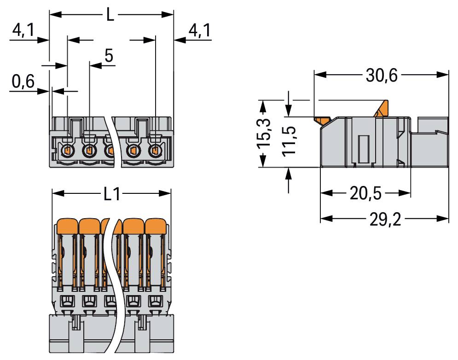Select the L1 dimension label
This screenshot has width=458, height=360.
[x=112, y=194]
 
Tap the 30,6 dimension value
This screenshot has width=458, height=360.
[x=382, y=75]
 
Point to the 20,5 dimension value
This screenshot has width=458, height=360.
[x=365, y=193]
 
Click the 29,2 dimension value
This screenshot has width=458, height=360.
[x=385, y=219]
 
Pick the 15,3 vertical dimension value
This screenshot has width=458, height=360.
[x=264, y=134]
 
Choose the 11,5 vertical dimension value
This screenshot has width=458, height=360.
[x=290, y=141]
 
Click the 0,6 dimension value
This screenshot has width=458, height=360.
[x=23, y=81]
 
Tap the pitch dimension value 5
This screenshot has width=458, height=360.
[x=109, y=56]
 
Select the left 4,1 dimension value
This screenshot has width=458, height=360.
[x=23, y=30]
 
